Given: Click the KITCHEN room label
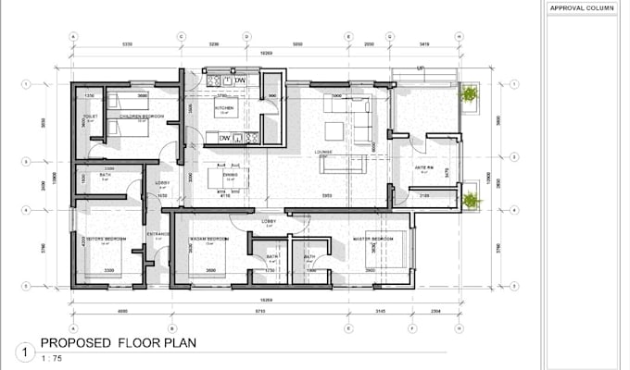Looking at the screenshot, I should click(225, 108).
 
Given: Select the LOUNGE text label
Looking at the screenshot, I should click(324, 152).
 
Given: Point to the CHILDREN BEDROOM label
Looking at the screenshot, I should click(146, 116).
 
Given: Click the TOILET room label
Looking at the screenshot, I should click(90, 117).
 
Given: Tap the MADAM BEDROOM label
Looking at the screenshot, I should click(209, 239).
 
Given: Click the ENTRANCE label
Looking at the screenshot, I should click(158, 234).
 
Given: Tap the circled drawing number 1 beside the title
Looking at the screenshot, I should click(22, 351).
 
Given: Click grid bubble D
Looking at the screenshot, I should click(246, 37).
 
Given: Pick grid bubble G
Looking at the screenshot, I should click(390, 37).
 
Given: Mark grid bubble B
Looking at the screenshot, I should click(172, 327).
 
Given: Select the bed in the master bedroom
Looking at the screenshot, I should click(384, 250).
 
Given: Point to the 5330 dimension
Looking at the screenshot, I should click(127, 43).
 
